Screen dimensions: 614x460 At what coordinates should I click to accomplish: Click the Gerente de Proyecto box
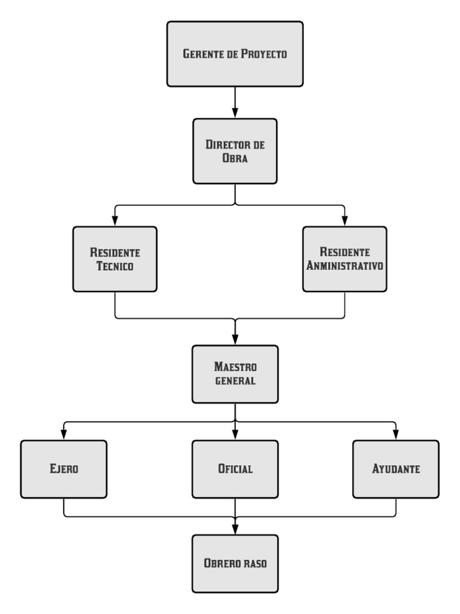tap(235, 53)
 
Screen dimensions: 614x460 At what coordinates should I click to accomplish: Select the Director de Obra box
tap(235, 151)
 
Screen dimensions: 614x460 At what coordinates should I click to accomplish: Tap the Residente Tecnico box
tap(114, 258)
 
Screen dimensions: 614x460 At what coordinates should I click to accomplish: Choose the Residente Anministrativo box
tap(345, 258)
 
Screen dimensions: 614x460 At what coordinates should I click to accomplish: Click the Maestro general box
tap(235, 374)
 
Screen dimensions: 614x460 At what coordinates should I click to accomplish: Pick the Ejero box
tap(63, 469)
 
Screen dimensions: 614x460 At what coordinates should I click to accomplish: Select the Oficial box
tap(235, 469)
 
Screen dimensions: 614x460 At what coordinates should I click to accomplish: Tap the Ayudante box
tap(396, 469)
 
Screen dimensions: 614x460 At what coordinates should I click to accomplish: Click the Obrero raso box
tap(235, 564)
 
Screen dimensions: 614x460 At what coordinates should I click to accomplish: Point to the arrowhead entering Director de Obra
tap(235, 113)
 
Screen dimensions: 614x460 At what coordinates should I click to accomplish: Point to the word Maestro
tap(235, 366)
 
